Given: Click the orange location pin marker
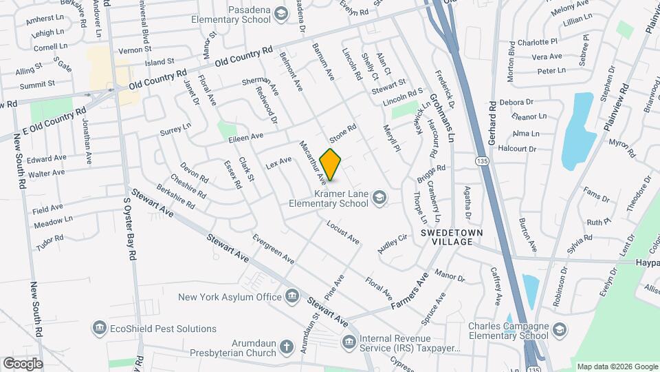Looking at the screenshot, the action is pyautogui.click(x=331, y=165).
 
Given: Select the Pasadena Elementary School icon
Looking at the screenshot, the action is pyautogui.click(x=280, y=13).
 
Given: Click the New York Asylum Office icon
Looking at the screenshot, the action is pyautogui.click(x=293, y=297).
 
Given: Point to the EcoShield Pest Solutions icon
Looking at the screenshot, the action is pyautogui.click(x=100, y=328).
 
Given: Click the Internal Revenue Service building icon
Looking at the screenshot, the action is pyautogui.click(x=350, y=341).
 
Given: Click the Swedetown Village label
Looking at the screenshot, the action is pyautogui.click(x=447, y=237).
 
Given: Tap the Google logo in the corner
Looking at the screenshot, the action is pyautogui.click(x=22, y=363).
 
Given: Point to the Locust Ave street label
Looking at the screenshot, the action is pyautogui.click(x=343, y=233).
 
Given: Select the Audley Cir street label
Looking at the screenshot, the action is pyautogui.click(x=393, y=244).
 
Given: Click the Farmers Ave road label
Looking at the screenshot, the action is pyautogui.click(x=410, y=290).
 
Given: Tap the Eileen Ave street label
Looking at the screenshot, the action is pyautogui.click(x=247, y=138).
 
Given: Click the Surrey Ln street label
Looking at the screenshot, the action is pyautogui.click(x=175, y=129).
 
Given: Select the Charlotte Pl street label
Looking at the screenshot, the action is pyautogui.click(x=538, y=42).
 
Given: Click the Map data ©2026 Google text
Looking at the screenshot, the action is pyautogui.click(x=617, y=366).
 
